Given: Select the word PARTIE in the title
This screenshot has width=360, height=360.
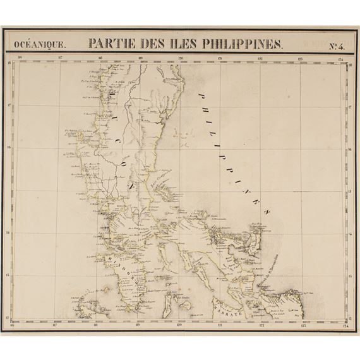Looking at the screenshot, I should [111, 44].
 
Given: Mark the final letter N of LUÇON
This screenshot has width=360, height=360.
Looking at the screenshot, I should [130, 188].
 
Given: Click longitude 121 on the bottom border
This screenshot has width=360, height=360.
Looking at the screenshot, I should [220, 326].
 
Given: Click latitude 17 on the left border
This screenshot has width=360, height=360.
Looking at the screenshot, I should [8, 105].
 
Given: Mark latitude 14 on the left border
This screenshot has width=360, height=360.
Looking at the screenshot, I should [8, 232].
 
